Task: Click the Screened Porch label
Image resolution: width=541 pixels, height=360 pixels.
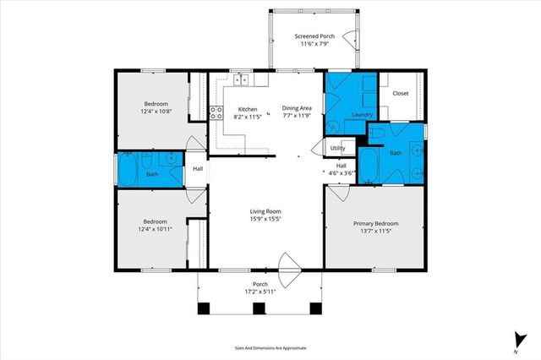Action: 314,36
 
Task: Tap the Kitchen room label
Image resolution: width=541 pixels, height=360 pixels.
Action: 247,109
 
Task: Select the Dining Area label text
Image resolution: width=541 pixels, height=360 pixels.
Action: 298,109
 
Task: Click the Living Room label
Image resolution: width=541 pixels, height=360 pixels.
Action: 265,211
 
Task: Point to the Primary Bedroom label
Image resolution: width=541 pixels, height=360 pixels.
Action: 374,223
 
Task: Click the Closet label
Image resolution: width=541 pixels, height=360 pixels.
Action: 401,93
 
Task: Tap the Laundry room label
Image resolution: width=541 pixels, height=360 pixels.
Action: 363,114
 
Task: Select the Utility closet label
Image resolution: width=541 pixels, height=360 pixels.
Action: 337,148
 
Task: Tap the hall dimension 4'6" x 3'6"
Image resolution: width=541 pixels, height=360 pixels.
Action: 342,172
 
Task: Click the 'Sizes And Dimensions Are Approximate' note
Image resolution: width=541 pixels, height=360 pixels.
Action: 270,347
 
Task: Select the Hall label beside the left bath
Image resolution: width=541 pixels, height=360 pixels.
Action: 197,169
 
